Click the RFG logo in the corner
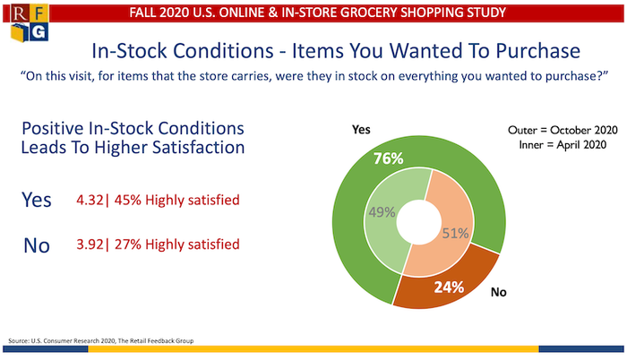pos(28,28)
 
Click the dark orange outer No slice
pos(484,269)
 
